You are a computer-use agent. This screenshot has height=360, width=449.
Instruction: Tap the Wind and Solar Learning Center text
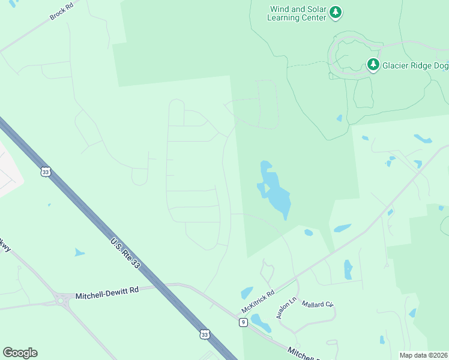298,13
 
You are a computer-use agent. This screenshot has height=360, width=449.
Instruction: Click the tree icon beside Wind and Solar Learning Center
336,12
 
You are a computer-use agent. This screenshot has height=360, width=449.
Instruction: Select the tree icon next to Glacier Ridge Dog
373,64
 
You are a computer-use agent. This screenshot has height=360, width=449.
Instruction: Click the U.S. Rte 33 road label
127,251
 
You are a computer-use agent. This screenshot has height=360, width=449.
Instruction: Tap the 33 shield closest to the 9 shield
205,334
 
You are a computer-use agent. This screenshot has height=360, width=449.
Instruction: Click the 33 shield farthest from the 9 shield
46,172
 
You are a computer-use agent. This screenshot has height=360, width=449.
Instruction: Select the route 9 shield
243,322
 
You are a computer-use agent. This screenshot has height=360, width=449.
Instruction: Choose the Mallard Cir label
317,305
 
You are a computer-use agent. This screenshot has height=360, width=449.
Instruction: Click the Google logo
20,353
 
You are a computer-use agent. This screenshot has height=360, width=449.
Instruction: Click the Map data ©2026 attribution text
423,355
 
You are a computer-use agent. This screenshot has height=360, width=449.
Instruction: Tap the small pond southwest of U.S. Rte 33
79,253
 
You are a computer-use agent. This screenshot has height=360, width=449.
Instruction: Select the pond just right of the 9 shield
261,323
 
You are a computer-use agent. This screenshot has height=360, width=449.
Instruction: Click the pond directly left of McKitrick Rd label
247,293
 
